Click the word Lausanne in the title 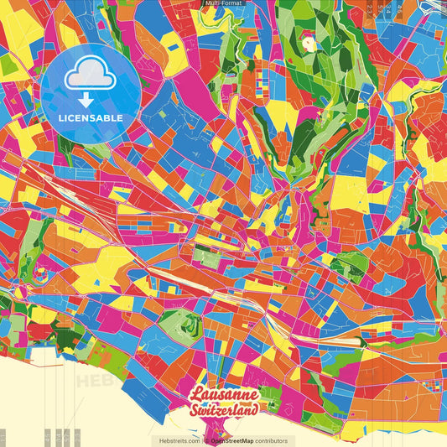(224, 395)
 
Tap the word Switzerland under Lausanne (224, 410)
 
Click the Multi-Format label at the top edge (223, 3)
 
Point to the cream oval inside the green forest (308, 40)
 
